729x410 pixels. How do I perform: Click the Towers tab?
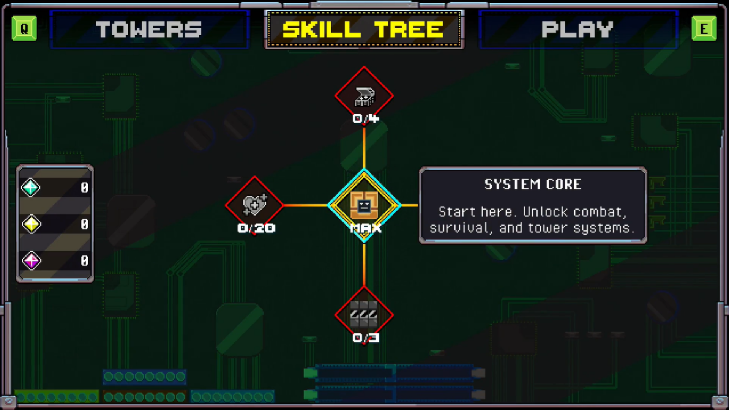tap(149, 29)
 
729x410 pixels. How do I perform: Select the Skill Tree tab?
tap(364, 29)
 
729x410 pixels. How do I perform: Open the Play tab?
tap(578, 29)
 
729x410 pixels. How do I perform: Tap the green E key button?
tap(704, 28)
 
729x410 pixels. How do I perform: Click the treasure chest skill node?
tap(364, 96)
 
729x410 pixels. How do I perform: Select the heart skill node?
tap(254, 205)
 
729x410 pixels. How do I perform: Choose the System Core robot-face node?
tap(364, 205)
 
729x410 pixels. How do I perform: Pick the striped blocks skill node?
tap(364, 315)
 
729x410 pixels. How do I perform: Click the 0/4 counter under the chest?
tap(366, 119)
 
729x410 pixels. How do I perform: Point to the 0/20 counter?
tap(256, 228)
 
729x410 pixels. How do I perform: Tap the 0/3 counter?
tap(366, 338)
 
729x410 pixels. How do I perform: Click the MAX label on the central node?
tap(366, 228)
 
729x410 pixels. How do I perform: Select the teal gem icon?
tap(31, 188)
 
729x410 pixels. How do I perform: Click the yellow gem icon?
tap(31, 224)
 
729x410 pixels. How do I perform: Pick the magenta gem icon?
tap(31, 261)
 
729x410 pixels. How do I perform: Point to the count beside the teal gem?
tap(85, 188)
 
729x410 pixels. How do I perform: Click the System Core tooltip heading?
tap(533, 184)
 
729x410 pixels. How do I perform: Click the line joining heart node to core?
tap(306, 205)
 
